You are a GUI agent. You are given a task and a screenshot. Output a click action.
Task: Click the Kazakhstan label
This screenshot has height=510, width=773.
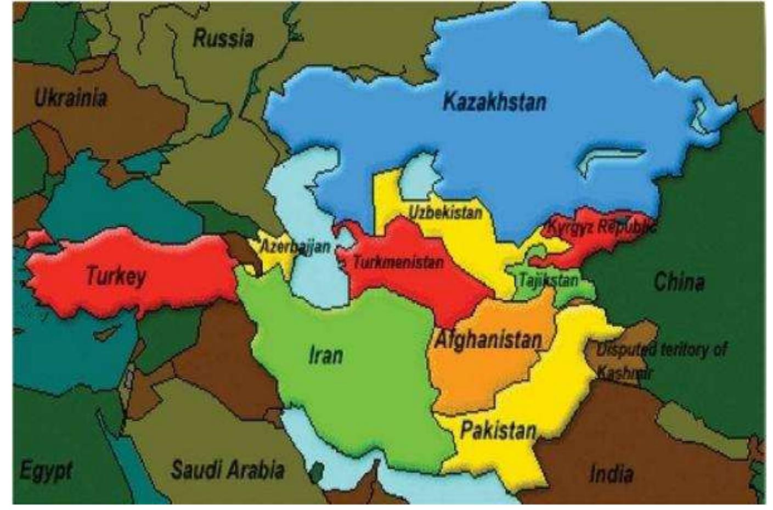494,102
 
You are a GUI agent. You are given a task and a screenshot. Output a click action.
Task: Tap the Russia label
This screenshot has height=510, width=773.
223,38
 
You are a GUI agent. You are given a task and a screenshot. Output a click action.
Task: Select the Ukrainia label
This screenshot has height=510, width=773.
71,99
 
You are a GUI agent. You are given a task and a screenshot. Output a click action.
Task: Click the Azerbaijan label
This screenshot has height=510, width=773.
295,246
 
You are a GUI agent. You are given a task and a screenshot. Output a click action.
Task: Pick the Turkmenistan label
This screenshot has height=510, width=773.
397,262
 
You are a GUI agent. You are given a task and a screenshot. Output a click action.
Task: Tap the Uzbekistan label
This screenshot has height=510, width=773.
445,212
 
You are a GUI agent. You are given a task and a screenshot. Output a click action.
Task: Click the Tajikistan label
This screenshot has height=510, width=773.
548,281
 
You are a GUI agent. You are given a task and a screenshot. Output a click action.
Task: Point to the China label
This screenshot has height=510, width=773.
679,282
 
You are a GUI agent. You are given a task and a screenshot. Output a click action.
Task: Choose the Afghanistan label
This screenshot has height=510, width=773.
488,340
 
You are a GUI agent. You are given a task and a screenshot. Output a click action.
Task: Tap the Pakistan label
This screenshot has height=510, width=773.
498,430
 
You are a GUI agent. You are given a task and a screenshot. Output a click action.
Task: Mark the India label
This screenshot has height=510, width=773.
611,473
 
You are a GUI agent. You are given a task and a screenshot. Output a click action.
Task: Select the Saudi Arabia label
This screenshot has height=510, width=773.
228,470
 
